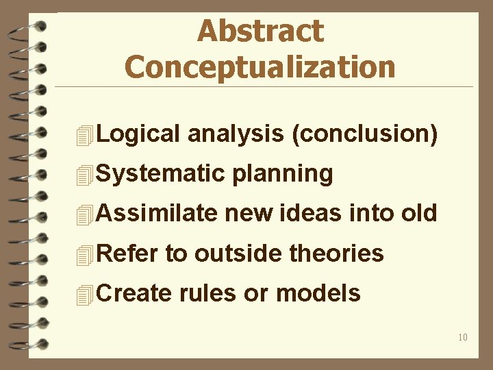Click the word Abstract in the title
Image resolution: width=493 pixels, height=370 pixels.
[260, 31]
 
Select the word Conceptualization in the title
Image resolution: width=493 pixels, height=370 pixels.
[260, 67]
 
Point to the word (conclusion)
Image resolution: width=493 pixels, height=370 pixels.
[364, 134]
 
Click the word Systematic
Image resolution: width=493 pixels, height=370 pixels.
[162, 174]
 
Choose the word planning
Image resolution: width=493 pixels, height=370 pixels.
[283, 174]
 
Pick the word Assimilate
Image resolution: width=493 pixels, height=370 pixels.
[157, 213]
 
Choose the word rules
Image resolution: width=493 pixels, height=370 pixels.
[208, 293]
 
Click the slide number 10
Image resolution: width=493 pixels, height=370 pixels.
[463, 337]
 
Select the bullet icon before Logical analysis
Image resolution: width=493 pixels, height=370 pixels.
[84, 136]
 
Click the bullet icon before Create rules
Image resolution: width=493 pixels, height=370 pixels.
[84, 295]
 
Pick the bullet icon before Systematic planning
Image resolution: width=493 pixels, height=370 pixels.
[84, 175]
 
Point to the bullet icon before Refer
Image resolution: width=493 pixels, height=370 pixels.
[84, 255]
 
